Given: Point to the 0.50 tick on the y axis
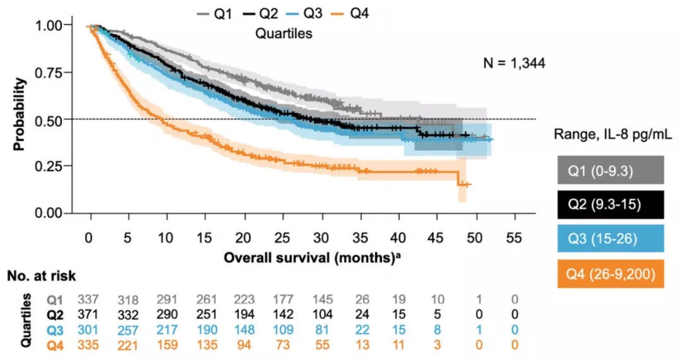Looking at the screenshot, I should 54,119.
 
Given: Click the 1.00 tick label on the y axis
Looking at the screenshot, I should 54,25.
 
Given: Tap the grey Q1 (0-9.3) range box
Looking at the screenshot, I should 611,171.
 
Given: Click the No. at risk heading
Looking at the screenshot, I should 42,275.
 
